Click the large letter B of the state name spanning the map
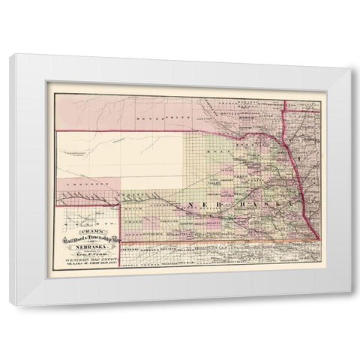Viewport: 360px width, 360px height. (x=223, y=204)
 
